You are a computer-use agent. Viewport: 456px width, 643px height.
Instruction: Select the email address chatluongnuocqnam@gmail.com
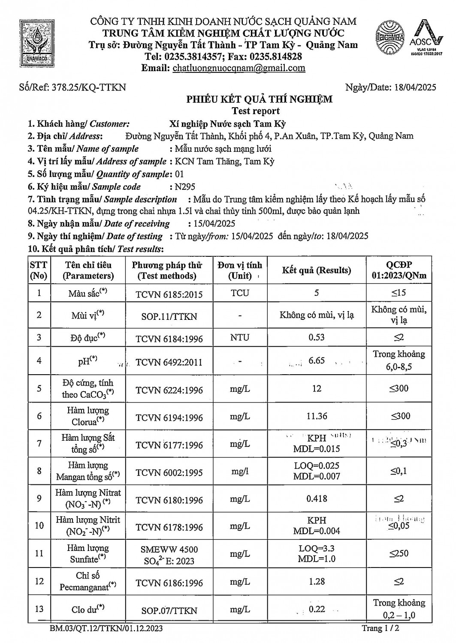click(239, 68)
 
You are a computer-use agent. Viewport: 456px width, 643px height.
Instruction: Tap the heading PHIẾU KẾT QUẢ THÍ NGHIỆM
click(259, 99)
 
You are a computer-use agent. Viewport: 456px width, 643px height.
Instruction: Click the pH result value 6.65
click(317, 361)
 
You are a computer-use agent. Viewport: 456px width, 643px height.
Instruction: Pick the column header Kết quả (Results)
click(316, 270)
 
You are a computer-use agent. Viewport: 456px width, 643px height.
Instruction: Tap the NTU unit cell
click(239, 337)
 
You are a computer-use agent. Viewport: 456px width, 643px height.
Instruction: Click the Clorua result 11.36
click(317, 416)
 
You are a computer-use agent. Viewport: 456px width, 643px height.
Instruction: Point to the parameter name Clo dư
click(88, 610)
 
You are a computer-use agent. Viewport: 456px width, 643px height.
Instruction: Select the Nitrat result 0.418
click(317, 499)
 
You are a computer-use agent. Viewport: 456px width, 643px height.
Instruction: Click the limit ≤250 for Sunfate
click(399, 553)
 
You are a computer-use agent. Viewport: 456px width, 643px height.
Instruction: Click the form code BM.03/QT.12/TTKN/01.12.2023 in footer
click(106, 628)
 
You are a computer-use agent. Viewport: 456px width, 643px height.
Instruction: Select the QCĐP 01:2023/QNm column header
click(399, 270)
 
